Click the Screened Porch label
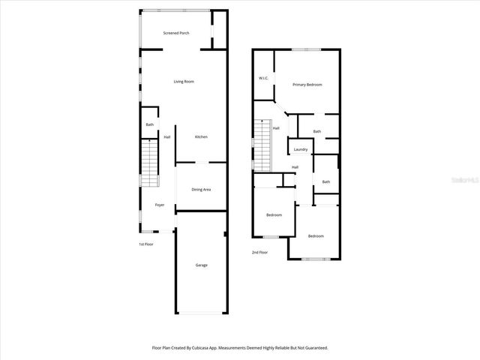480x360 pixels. click(x=176, y=34)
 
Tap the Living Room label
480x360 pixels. click(x=184, y=81)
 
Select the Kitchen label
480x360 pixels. click(x=201, y=136)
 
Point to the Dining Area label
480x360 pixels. click(x=201, y=189)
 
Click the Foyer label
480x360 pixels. click(x=160, y=205)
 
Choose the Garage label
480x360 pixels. click(x=202, y=265)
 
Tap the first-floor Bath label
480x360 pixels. click(x=150, y=124)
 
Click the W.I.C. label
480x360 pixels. click(x=264, y=78)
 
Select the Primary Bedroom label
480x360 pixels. click(x=307, y=85)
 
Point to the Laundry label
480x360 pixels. click(x=301, y=149)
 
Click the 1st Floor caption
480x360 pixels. click(x=145, y=244)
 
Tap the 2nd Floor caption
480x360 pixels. click(x=259, y=252)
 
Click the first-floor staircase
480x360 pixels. click(x=151, y=165)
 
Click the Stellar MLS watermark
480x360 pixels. click(x=464, y=180)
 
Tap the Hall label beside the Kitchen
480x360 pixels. click(x=167, y=136)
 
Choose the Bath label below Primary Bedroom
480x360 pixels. click(x=317, y=131)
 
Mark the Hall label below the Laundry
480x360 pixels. click(x=295, y=166)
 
